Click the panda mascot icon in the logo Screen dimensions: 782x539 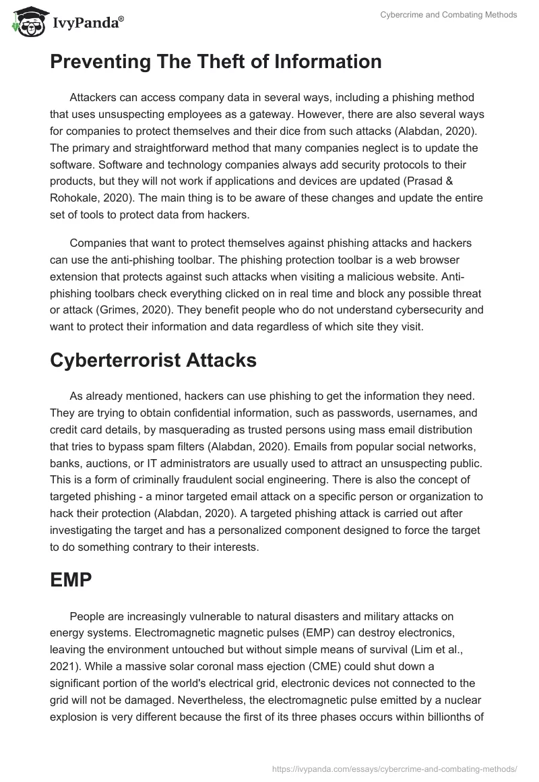click(26, 22)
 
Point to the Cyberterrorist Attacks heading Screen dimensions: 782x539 click(153, 360)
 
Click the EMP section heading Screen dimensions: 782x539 click(71, 580)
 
